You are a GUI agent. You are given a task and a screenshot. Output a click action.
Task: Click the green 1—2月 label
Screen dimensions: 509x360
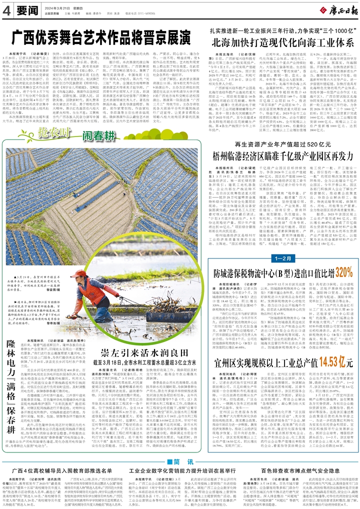[x=280, y=258]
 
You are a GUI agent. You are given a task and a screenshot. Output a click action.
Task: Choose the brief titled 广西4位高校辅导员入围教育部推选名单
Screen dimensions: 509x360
[x=60, y=471]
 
